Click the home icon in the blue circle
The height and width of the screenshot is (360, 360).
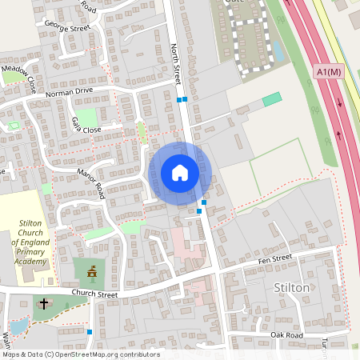tap(180, 172)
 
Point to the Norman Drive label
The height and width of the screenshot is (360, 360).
tap(70, 93)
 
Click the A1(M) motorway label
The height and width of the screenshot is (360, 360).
tap(330, 72)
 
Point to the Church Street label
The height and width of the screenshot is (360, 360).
tap(94, 294)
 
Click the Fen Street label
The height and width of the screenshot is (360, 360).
tap(274, 259)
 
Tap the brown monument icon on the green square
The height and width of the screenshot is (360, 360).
tap(91, 272)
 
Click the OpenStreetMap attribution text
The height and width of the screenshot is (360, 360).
tap(80, 354)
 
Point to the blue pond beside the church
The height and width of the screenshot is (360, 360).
tap(18, 325)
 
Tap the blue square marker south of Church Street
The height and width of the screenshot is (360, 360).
tap(90, 331)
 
